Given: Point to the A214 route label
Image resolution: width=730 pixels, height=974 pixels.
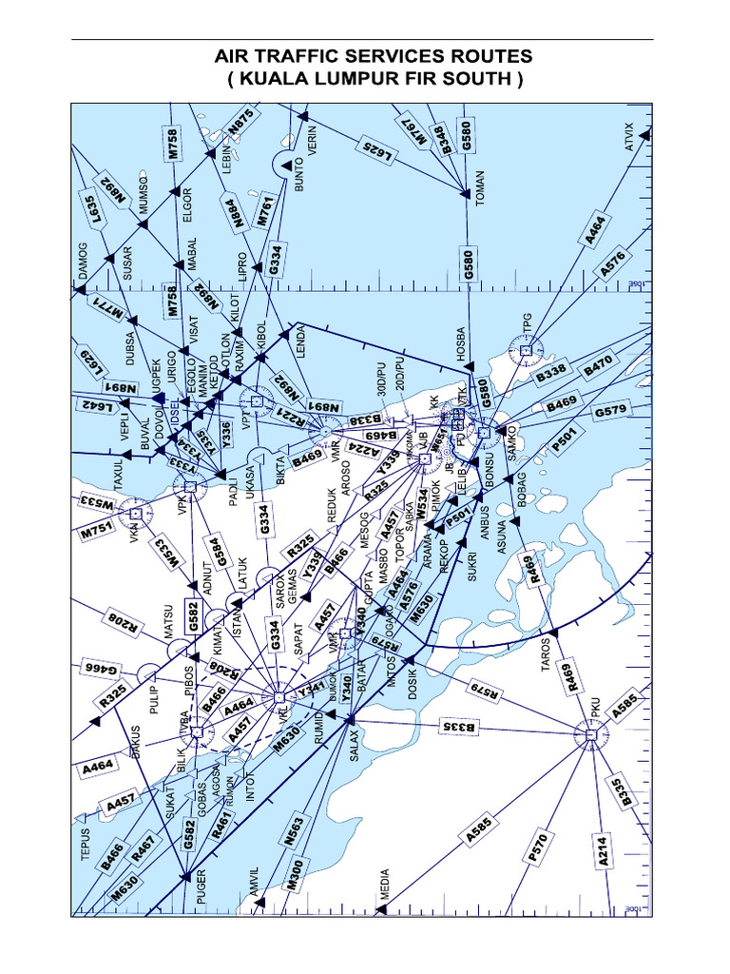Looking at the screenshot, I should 603,852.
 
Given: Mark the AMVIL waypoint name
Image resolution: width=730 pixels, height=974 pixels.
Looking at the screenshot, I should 254,883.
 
